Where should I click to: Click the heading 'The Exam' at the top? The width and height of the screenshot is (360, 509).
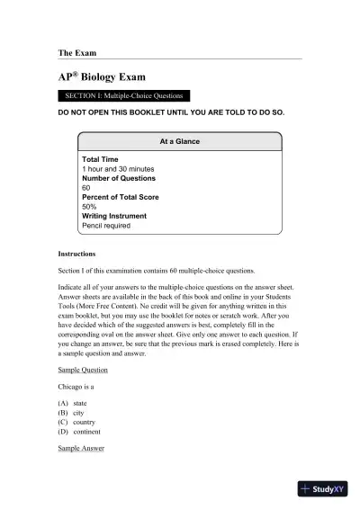click(76, 53)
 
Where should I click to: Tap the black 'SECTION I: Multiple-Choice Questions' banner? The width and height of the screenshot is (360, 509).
click(123, 95)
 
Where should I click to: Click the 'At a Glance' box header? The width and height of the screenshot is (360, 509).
click(179, 141)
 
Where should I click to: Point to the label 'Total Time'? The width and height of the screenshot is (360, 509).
click(100, 159)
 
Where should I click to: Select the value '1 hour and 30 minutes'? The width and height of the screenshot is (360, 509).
click(117, 169)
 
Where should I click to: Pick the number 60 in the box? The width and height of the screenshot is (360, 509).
click(86, 188)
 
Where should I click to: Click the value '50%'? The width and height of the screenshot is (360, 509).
click(89, 207)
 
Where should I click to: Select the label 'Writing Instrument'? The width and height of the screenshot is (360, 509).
click(114, 216)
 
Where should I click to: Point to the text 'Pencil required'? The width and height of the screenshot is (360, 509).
click(106, 226)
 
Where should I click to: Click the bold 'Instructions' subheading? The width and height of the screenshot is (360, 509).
click(77, 254)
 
